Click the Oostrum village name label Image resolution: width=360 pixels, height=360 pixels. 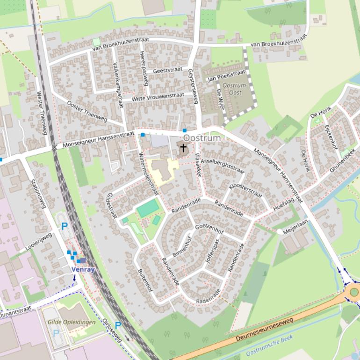click(x=202, y=138)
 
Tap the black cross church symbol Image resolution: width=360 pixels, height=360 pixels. click(x=183, y=149)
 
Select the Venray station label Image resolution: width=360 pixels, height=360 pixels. click(x=83, y=270)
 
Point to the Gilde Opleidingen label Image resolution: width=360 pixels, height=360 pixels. click(x=72, y=322)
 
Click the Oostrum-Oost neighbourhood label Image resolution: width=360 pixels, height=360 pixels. click(x=232, y=89)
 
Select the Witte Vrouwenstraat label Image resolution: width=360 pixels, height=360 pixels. click(x=158, y=97)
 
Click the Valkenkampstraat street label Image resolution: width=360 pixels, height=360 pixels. click(x=117, y=84)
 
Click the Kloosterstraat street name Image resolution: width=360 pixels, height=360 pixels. click(x=245, y=190)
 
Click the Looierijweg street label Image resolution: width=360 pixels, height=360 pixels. click(x=38, y=241)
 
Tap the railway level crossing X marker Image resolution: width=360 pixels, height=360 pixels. click(x=55, y=147)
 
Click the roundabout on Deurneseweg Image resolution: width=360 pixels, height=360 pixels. click(x=354, y=292)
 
